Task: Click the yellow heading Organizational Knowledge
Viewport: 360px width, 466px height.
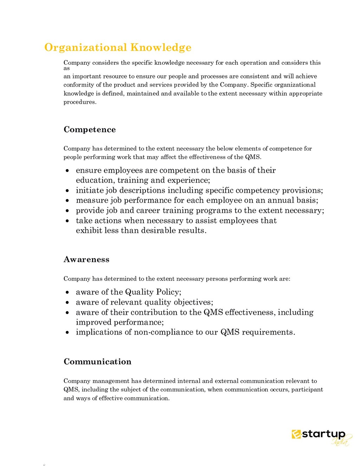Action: [x=118, y=47]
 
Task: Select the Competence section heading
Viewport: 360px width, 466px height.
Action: [x=90, y=129]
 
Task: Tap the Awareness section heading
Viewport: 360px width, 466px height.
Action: [x=86, y=260]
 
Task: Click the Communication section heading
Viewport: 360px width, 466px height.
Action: [x=97, y=362]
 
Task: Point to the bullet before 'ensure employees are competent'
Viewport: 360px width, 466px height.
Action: [x=67, y=171]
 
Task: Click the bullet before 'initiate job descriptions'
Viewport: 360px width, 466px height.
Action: [x=67, y=191]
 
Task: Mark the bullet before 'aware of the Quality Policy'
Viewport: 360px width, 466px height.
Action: [x=67, y=293]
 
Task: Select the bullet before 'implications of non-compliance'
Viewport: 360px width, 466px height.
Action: [x=67, y=333]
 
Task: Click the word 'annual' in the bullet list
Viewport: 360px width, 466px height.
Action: [x=280, y=200]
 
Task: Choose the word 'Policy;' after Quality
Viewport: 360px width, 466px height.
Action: [x=169, y=292]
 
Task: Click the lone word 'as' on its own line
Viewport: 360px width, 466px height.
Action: [x=66, y=69]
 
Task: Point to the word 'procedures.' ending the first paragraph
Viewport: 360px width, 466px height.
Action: [x=80, y=102]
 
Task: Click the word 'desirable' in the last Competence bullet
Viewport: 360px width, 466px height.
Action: [x=159, y=231]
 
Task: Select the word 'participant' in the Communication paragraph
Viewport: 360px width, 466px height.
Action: [x=307, y=389]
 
